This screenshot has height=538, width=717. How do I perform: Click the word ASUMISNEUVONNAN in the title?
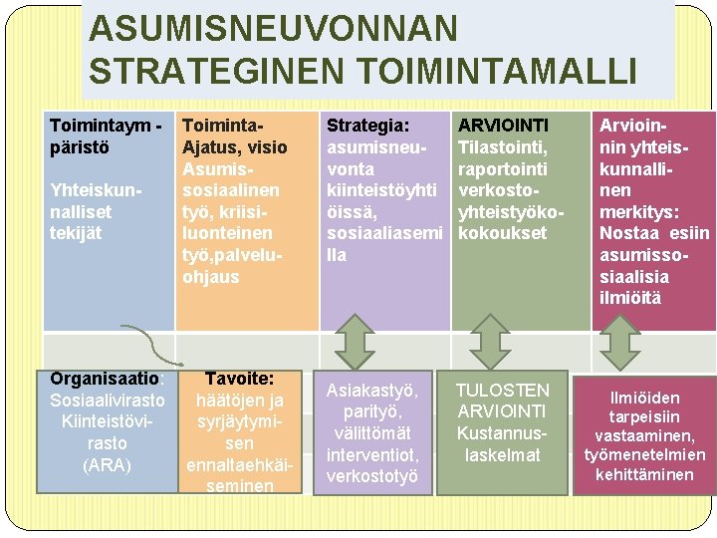[x=273, y=29]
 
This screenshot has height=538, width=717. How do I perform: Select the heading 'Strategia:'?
[x=367, y=126]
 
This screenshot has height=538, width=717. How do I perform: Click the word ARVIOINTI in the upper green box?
[x=502, y=126]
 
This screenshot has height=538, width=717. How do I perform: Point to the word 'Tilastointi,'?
[x=503, y=146]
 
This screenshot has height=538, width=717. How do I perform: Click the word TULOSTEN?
[x=502, y=391]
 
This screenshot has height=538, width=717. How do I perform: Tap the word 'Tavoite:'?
[x=238, y=379]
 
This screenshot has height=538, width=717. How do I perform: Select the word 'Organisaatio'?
[x=106, y=379]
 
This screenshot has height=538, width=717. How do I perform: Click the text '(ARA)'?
[x=108, y=464]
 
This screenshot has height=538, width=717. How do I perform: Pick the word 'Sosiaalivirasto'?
[x=108, y=401]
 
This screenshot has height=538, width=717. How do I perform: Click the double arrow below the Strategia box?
[x=354, y=343]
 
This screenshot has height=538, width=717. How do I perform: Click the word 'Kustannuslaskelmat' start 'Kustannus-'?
[x=502, y=433]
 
